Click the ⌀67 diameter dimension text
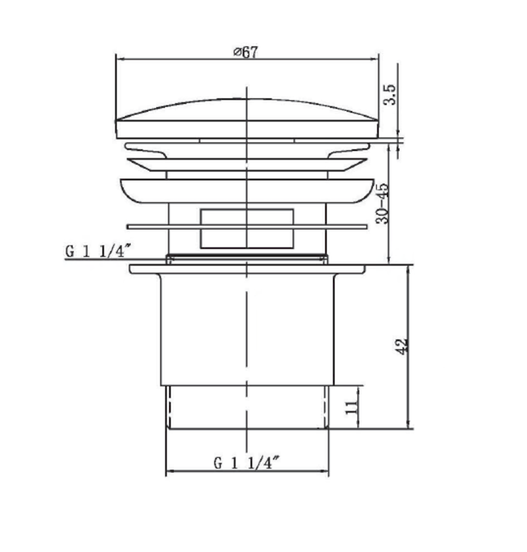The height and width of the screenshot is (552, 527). (245, 52)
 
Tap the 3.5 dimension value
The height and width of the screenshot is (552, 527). (390, 94)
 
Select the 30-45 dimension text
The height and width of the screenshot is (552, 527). (383, 203)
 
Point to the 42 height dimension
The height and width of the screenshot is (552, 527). (402, 346)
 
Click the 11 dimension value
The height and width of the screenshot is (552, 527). (351, 406)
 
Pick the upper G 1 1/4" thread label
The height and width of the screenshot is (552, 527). (98, 252)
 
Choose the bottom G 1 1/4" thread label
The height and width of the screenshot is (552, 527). (247, 462)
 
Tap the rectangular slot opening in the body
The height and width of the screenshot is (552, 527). (247, 229)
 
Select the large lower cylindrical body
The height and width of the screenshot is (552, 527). (247, 329)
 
